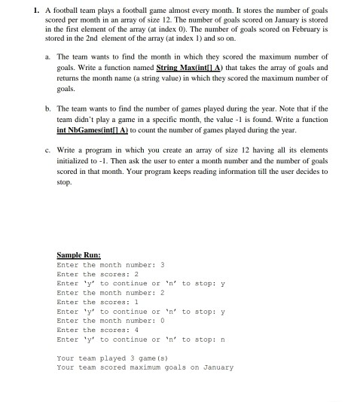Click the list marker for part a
[49, 56]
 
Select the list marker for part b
[49, 108]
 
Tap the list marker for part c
[49, 151]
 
